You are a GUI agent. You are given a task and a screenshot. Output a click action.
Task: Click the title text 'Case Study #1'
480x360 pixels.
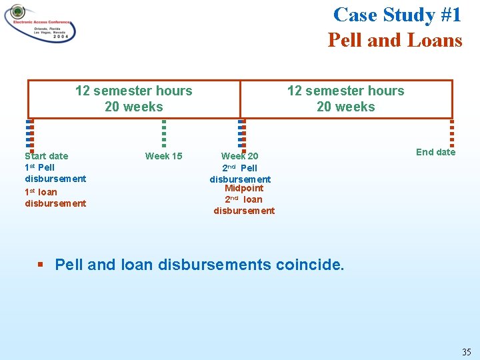coord(397,15)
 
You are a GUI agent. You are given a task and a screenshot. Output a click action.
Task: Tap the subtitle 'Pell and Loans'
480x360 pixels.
coord(395,41)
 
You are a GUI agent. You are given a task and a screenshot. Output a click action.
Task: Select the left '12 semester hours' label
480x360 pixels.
coord(133,91)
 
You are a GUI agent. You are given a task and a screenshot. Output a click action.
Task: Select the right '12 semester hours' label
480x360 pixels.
coord(345,91)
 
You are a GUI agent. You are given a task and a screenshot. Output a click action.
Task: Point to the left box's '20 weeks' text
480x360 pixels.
coord(133,107)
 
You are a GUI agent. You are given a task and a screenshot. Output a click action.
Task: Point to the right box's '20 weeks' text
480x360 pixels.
coord(345,107)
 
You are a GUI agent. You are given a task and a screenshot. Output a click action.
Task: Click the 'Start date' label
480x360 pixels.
coord(46,156)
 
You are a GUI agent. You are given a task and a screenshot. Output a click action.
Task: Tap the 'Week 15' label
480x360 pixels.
coord(163,156)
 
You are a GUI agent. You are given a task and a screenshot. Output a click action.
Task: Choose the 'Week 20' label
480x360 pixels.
coord(240,156)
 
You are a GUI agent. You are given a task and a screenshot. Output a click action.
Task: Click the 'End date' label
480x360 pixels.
coord(435,152)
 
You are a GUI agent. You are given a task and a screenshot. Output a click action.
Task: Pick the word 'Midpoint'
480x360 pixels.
coord(244,188)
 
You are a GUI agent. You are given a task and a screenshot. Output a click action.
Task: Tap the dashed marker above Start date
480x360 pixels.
coord(29,133)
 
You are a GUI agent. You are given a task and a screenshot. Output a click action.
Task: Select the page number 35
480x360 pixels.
coord(466,351)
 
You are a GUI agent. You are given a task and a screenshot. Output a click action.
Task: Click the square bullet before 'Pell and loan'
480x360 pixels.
coord(41,265)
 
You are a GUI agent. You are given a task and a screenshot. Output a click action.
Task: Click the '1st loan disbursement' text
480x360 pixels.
coord(55,198)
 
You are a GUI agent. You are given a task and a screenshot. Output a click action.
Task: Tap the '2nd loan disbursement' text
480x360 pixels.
coord(244,205)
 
